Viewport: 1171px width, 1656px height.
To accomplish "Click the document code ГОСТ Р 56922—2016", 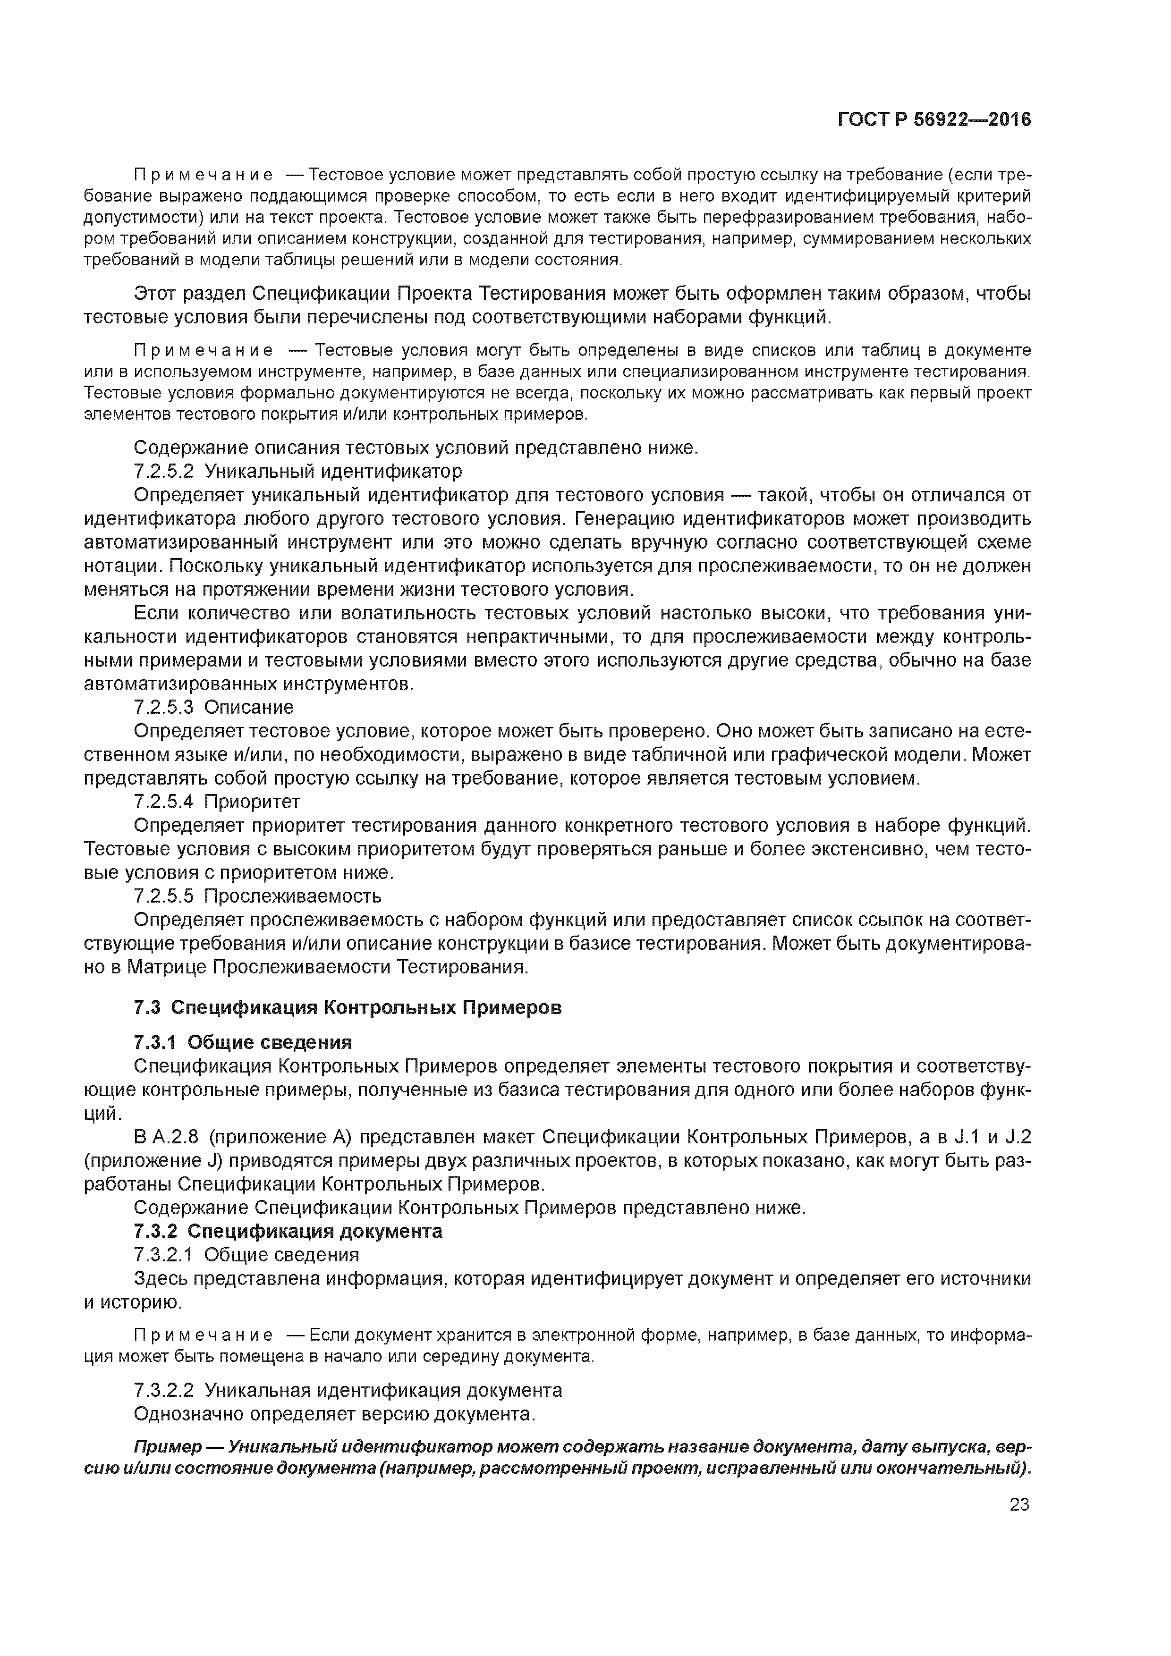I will click(x=934, y=120).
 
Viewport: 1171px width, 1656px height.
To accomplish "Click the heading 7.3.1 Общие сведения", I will click(x=243, y=1043).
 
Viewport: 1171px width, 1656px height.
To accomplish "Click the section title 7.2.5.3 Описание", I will click(x=213, y=708).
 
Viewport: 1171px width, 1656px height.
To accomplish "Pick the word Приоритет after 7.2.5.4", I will click(x=253, y=802).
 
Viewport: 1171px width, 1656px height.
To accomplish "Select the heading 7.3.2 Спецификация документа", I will click(x=288, y=1231).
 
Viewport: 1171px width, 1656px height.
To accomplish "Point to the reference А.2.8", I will click(x=175, y=1137).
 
